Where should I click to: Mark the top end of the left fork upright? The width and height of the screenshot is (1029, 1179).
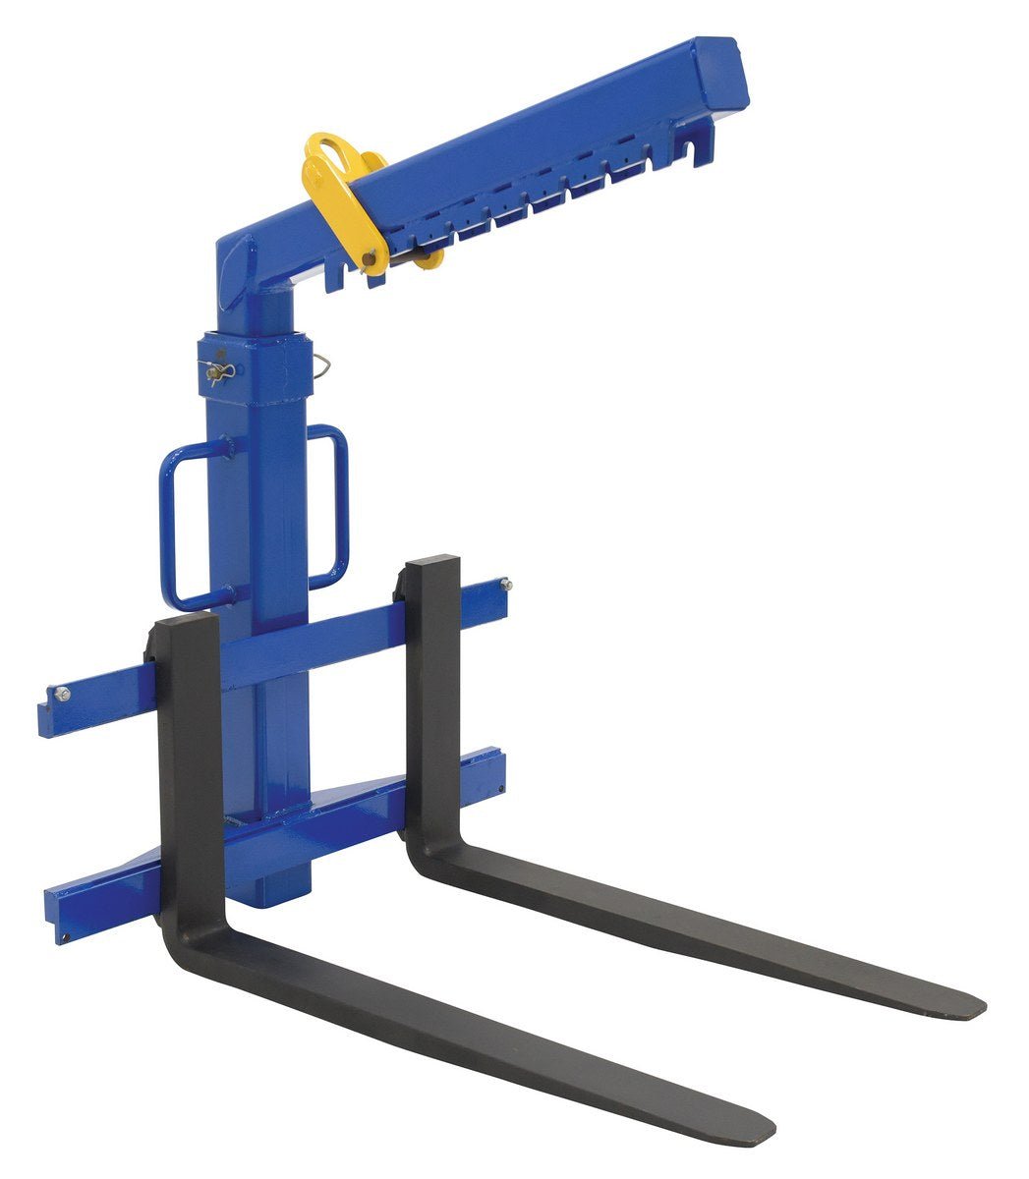point(185,625)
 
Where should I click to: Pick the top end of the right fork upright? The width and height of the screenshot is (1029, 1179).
point(431,565)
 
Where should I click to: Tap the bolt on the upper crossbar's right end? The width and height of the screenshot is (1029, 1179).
point(505,586)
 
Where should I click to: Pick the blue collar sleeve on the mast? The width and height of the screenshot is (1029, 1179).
point(256,368)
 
